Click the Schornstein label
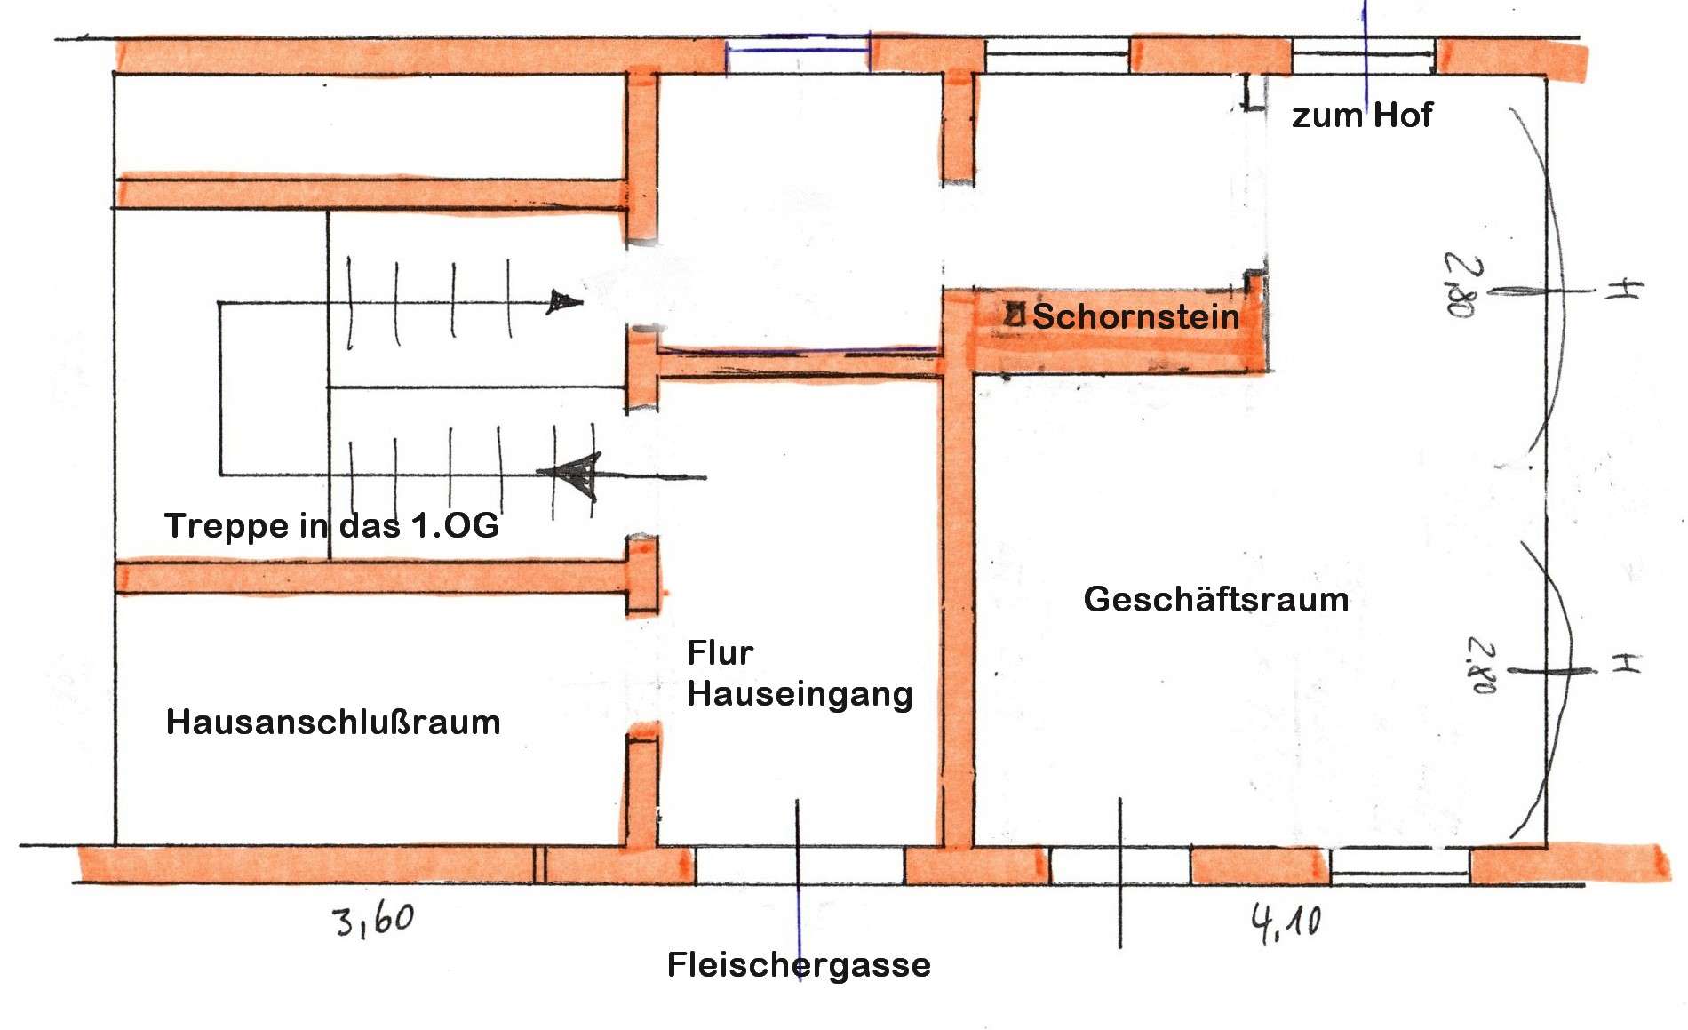click(x=1135, y=316)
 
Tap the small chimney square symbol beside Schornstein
click(x=1015, y=314)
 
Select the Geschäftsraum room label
click(x=1216, y=600)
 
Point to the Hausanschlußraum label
click(x=333, y=722)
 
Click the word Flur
click(x=720, y=653)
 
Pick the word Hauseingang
click(x=800, y=694)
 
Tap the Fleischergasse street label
click(x=799, y=964)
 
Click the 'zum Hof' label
click(x=1362, y=115)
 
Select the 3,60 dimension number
click(x=374, y=920)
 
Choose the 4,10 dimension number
click(x=1286, y=923)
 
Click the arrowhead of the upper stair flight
click(x=564, y=302)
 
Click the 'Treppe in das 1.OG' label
click(x=331, y=525)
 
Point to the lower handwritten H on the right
click(x=1625, y=663)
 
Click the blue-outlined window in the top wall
click(x=798, y=53)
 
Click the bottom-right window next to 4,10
click(x=1400, y=866)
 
